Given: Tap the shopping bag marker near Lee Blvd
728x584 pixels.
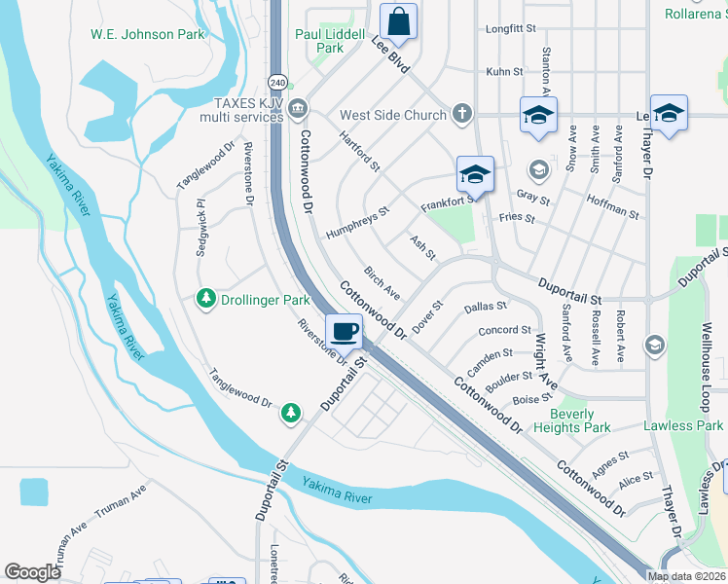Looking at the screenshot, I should [399, 20].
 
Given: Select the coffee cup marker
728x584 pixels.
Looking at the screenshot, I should [344, 332].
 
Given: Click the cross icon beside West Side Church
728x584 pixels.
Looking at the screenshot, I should [462, 115].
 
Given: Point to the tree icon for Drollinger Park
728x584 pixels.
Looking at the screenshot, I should [205, 298].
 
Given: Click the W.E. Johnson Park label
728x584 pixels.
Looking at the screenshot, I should [148, 35].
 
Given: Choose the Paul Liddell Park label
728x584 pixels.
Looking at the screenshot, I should [330, 41].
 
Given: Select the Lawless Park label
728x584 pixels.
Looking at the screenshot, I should [683, 425].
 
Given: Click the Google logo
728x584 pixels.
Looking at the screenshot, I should [32, 572].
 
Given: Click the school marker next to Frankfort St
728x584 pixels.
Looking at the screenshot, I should [475, 174].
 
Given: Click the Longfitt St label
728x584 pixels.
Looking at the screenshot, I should [510, 29].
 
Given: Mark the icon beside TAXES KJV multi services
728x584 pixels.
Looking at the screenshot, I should [298, 107].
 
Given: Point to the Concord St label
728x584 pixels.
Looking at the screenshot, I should [504, 331].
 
